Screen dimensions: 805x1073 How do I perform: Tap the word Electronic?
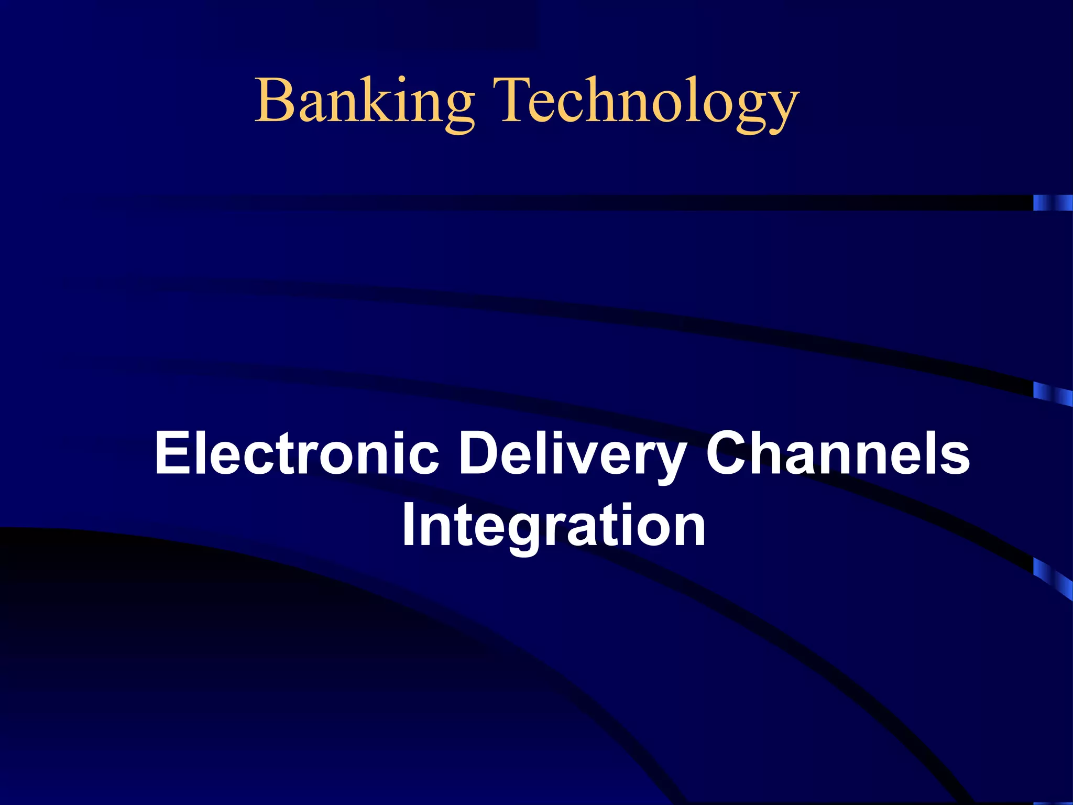tap(297, 453)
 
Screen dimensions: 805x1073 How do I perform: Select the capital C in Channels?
tap(728, 452)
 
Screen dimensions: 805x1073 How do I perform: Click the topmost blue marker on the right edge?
tap(1053, 203)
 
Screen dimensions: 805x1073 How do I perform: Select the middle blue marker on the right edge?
tap(1053, 394)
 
